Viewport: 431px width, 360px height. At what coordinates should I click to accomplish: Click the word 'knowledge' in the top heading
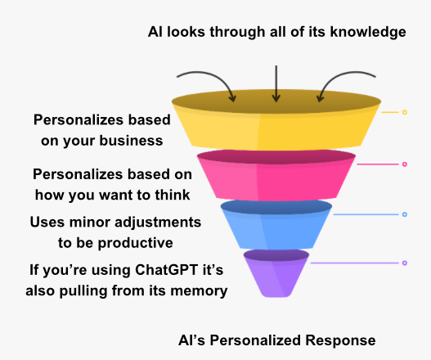(x=368, y=32)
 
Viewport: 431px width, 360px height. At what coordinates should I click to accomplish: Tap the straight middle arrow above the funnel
(x=276, y=83)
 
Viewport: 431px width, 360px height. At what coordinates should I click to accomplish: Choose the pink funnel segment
(x=276, y=176)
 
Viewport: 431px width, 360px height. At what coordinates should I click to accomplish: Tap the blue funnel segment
(x=276, y=225)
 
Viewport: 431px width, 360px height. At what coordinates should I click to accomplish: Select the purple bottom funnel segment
(x=276, y=273)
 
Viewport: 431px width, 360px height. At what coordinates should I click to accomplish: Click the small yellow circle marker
(x=405, y=112)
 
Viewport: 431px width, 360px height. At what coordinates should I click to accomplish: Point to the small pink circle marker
(x=405, y=164)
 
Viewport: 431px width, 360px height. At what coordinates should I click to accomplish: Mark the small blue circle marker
(x=405, y=214)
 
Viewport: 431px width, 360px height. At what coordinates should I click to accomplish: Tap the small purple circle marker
(x=405, y=263)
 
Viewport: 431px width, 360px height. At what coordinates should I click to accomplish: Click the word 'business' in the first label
(x=131, y=141)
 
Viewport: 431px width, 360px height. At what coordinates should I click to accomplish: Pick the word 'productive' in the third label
(x=135, y=243)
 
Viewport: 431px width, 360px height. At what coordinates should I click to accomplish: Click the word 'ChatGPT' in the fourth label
(x=167, y=270)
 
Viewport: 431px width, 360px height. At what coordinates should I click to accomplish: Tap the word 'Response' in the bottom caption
(x=340, y=340)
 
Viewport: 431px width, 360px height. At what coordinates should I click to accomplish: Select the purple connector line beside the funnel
(x=355, y=263)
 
